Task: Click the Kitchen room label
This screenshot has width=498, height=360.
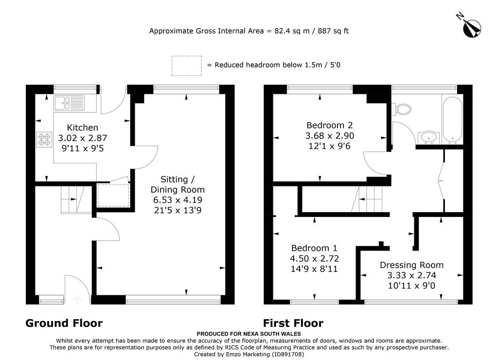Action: click(x=82, y=127)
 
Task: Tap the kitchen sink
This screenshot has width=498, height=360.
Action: click(x=69, y=103)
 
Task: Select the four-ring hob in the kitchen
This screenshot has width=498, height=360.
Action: click(x=44, y=140)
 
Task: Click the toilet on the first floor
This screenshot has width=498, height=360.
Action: click(x=401, y=109)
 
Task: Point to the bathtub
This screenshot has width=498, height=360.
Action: click(x=452, y=120)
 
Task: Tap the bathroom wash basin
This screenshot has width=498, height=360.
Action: click(x=428, y=138)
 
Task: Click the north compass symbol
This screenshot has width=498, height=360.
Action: click(x=470, y=27)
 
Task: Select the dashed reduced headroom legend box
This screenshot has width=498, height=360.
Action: click(x=187, y=66)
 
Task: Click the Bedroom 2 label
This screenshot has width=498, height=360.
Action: click(x=329, y=125)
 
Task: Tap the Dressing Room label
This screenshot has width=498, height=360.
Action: click(x=411, y=265)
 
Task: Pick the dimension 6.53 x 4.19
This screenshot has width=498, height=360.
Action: click(x=178, y=200)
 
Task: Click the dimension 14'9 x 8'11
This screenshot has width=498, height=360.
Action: click(x=314, y=269)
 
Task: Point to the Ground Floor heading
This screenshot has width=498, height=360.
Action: click(x=64, y=323)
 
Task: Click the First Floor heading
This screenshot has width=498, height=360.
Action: click(x=293, y=323)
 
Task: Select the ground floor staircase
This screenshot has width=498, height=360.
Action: click(x=76, y=199)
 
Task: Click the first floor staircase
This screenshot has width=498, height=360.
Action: click(x=370, y=199)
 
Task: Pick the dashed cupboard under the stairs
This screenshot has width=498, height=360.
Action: click(x=113, y=195)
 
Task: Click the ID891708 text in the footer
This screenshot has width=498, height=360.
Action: click(x=287, y=354)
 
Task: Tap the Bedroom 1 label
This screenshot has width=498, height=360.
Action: click(x=314, y=248)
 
